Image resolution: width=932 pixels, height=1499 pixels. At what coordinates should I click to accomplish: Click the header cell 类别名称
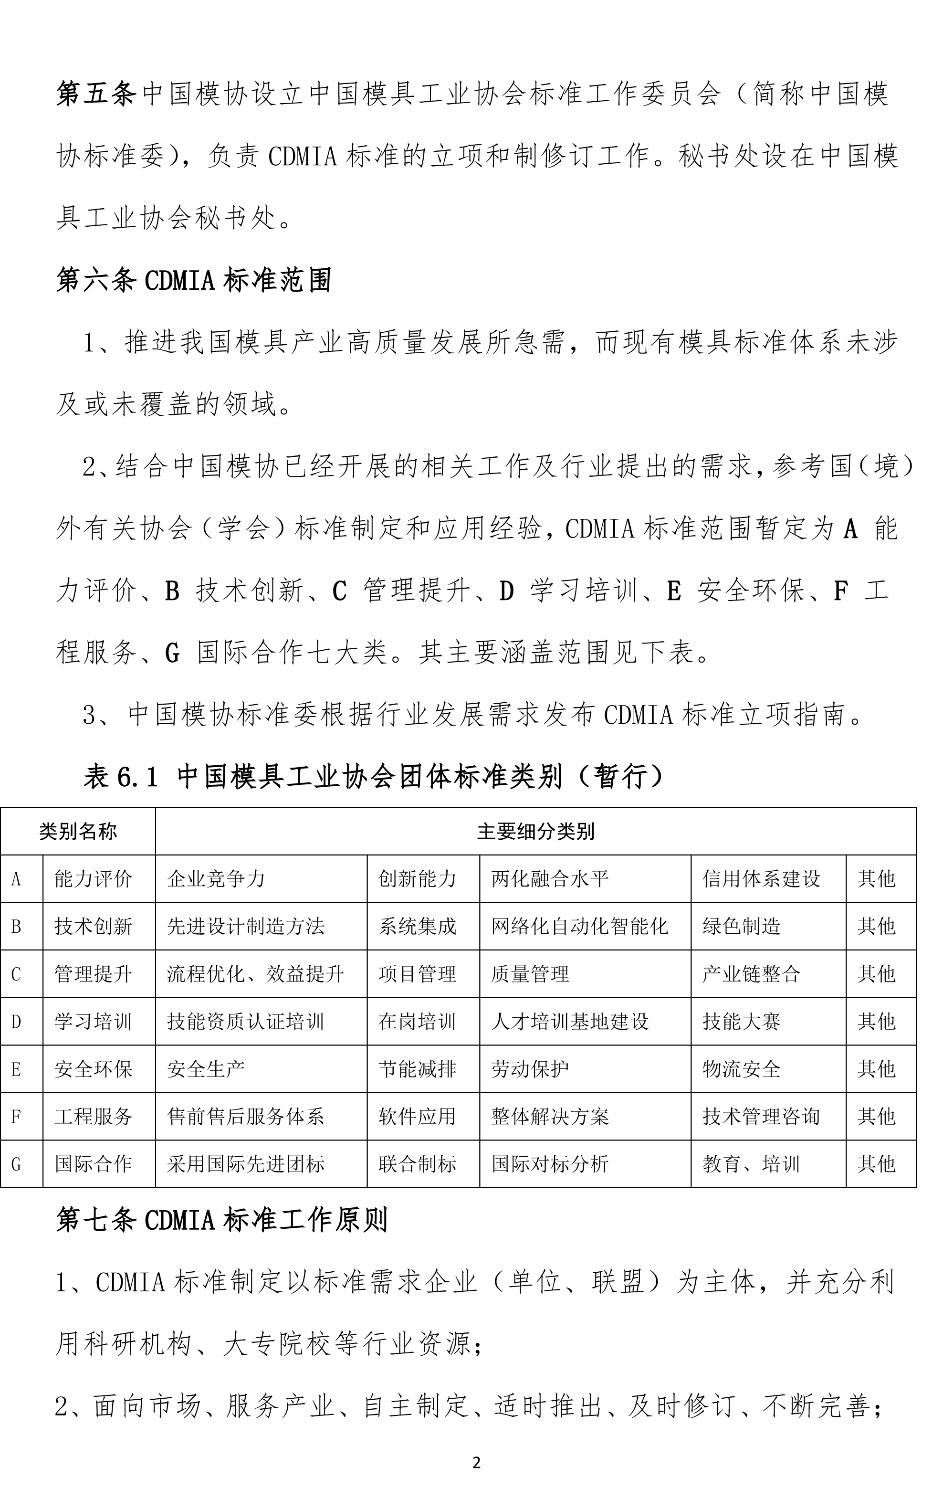[x=78, y=831]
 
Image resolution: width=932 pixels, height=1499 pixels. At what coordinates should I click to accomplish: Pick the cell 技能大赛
[x=742, y=1021]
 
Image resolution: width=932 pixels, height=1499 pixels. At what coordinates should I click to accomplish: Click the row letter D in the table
[x=17, y=1021]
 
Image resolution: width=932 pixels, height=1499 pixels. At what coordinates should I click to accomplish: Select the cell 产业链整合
[x=752, y=974]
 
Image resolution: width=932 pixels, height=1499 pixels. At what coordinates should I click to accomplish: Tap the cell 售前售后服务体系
[x=245, y=1116]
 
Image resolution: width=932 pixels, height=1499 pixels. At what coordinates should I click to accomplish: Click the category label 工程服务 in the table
[x=93, y=1116]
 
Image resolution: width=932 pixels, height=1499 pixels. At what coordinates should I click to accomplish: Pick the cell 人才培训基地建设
[x=570, y=1021]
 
